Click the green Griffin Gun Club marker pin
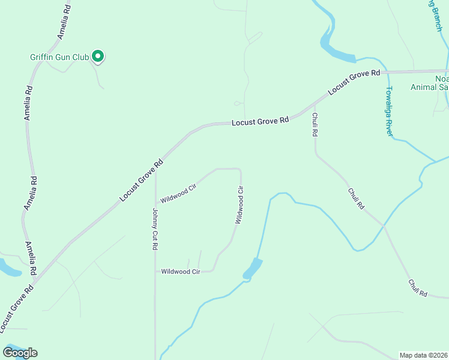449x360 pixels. [98, 56]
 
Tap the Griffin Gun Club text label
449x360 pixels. [59, 58]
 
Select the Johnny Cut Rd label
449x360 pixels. [154, 229]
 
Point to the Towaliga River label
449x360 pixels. [389, 111]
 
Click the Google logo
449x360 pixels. [20, 353]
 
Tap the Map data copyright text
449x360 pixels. [424, 355]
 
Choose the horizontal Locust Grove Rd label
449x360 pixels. [261, 121]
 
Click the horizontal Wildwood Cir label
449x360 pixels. [180, 271]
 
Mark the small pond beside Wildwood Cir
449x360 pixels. [253, 268]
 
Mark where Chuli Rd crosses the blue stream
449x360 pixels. [383, 224]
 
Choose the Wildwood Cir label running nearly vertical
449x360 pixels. [240, 205]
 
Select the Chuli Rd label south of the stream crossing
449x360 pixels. [418, 289]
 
